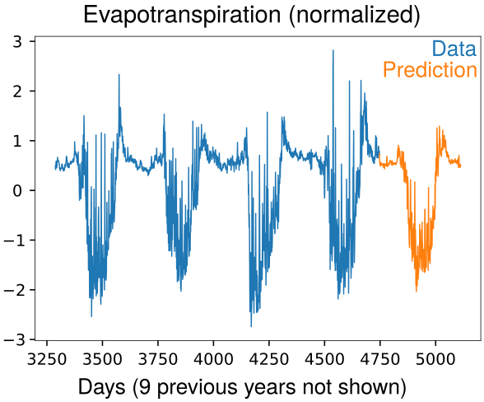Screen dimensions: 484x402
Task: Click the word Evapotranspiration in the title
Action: [182, 15]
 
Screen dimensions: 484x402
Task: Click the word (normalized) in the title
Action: [354, 15]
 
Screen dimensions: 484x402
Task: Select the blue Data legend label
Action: [454, 49]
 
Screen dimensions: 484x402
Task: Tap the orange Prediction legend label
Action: [430, 70]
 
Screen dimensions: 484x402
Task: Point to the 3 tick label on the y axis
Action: [17, 42]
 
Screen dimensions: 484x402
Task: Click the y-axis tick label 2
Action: [17, 91]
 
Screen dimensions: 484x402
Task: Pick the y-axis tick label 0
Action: [17, 190]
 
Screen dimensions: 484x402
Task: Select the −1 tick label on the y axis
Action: [13, 241]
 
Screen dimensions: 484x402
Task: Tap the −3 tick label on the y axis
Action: [13, 339]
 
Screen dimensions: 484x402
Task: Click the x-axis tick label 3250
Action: [47, 359]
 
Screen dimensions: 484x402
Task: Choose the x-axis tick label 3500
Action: [102, 359]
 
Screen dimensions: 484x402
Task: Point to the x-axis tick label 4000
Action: [213, 359]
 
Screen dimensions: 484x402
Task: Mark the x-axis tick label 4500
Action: [324, 359]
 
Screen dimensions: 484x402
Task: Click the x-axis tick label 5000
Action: [435, 359]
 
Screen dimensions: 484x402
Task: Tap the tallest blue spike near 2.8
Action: [333, 50]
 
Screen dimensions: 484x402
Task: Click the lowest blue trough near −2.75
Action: [251, 326]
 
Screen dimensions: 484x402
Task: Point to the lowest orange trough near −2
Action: [417, 291]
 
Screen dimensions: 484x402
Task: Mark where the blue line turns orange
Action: [379, 155]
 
